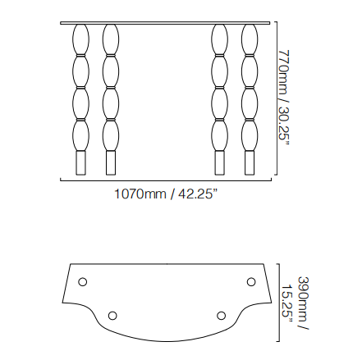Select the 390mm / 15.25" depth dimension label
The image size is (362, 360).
[x=296, y=303]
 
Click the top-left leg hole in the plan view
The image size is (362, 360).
[x=82, y=281]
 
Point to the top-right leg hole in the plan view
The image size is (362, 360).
[x=251, y=281]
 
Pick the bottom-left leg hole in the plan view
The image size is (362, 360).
[x=112, y=316]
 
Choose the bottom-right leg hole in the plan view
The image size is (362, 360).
[x=221, y=316]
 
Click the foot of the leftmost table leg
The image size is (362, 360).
[x=80, y=163]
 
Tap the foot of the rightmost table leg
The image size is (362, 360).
[x=250, y=163]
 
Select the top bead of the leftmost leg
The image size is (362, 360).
[x=80, y=39]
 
